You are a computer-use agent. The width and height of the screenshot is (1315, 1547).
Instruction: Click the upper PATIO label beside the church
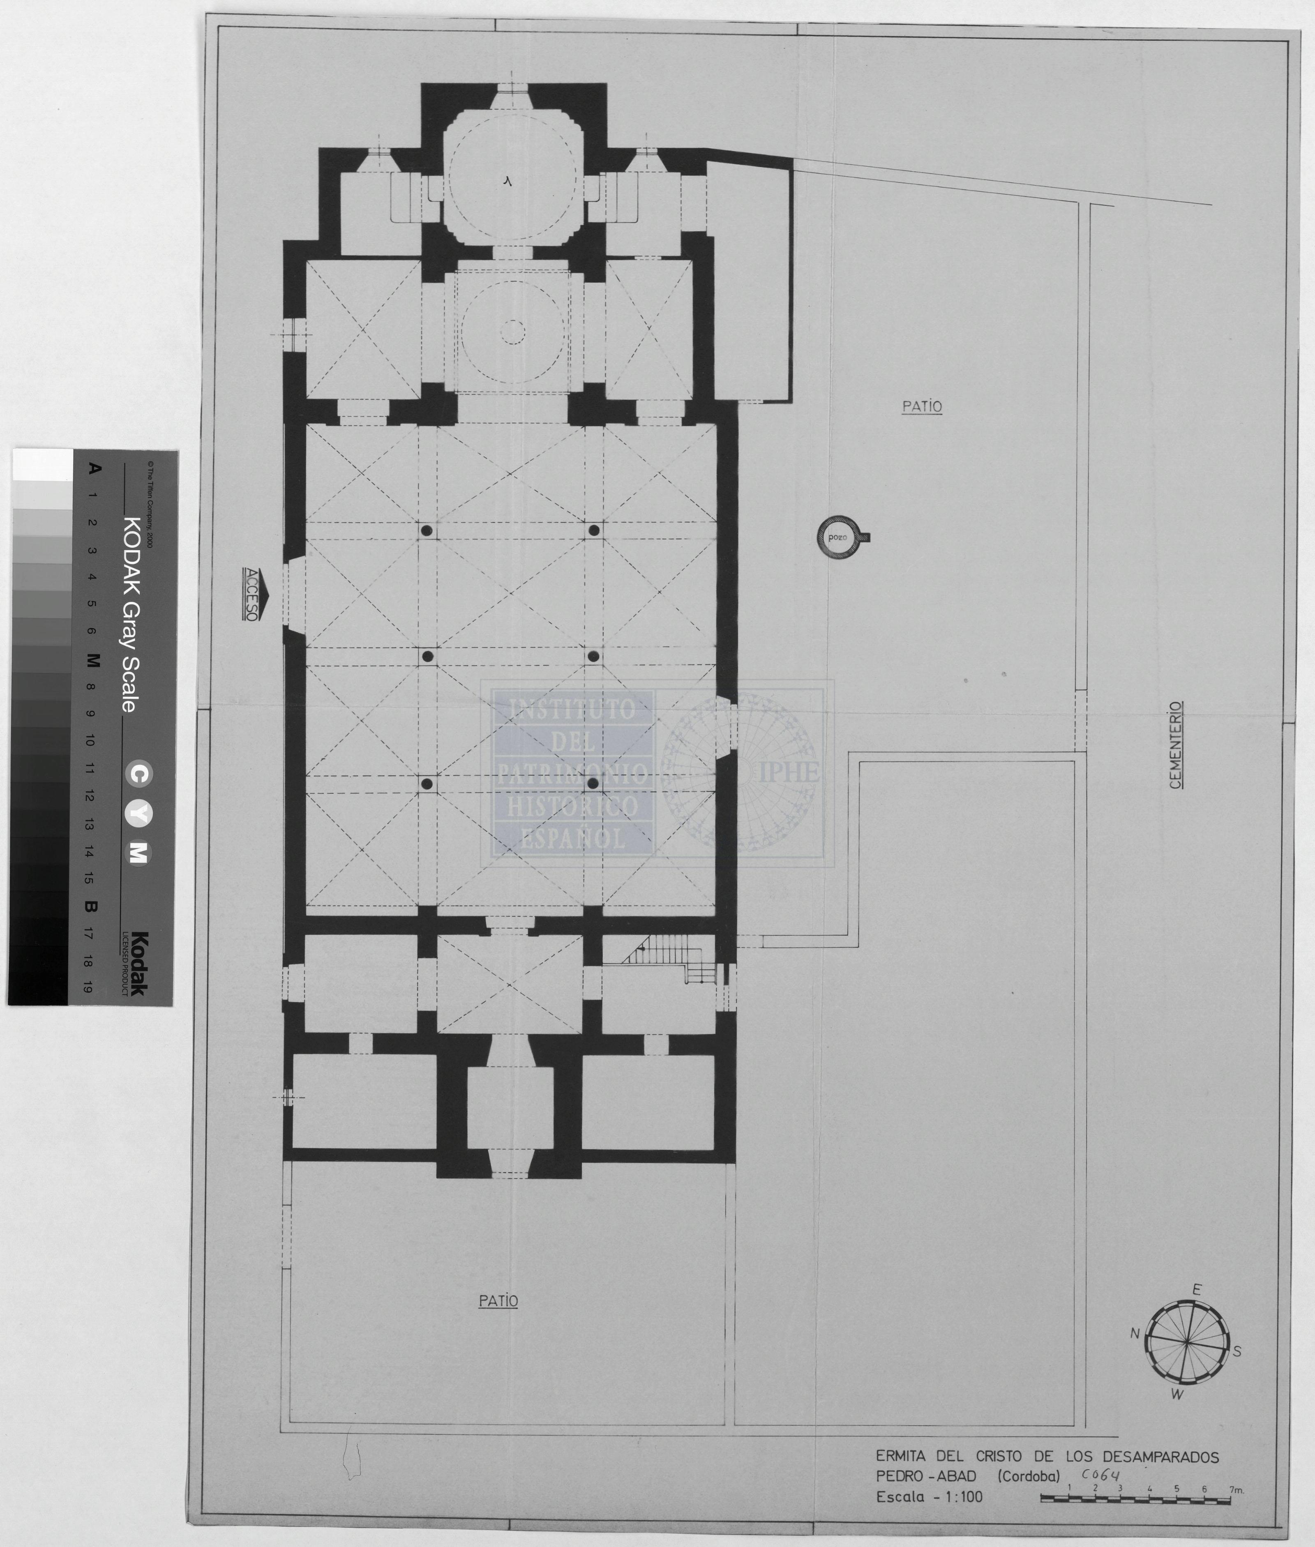[x=922, y=407]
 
